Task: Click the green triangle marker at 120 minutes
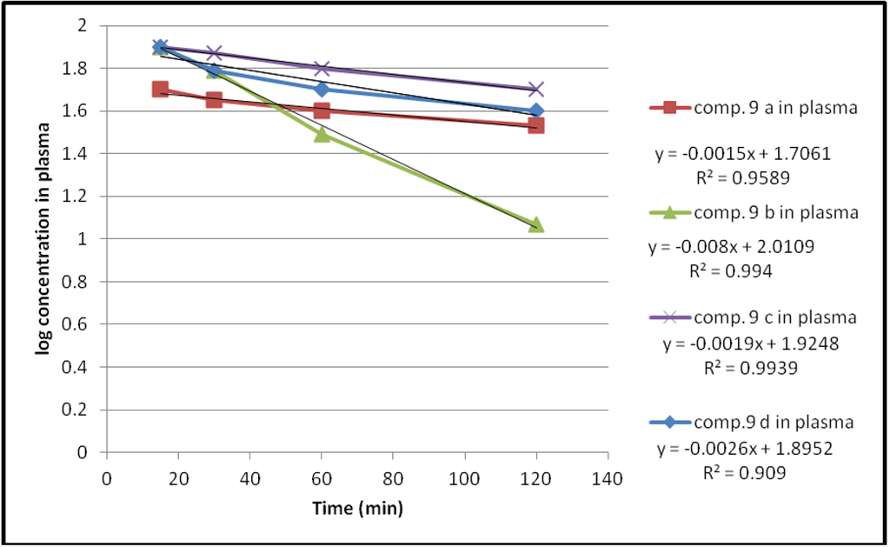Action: pyautogui.click(x=535, y=225)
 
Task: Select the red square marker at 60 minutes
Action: pyautogui.click(x=322, y=110)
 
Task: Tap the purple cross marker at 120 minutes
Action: pyautogui.click(x=535, y=89)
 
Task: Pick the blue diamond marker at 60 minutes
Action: pyautogui.click(x=322, y=89)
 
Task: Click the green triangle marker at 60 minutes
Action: pyautogui.click(x=322, y=134)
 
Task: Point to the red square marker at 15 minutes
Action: pyautogui.click(x=160, y=89)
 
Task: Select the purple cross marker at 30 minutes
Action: pyautogui.click(x=214, y=54)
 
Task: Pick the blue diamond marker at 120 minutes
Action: pyautogui.click(x=535, y=110)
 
